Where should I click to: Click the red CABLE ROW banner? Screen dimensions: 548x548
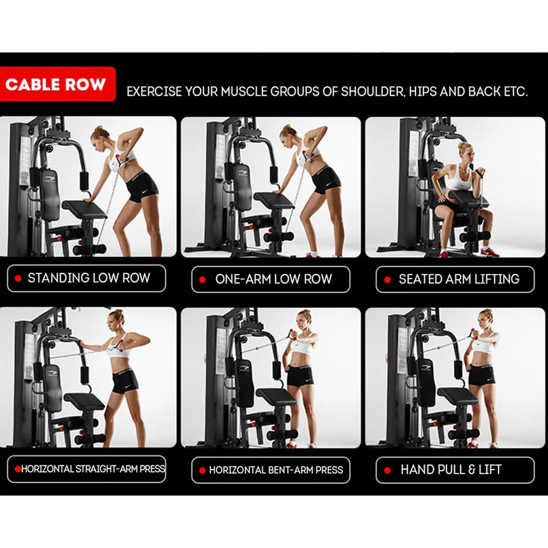pos(58,84)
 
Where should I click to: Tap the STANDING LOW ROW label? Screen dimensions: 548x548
pos(87,278)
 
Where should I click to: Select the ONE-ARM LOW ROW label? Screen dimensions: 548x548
pos(271,279)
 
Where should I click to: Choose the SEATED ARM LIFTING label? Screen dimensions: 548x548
pos(455,279)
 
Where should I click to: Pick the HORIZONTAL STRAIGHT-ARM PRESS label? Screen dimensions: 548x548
pos(87,469)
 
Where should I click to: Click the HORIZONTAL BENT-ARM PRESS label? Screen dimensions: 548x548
pos(271,470)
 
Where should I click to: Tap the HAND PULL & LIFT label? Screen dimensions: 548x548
pos(455,470)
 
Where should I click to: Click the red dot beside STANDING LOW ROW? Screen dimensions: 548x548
pos(18,279)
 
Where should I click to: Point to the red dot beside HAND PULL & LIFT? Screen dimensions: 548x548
pos(387,470)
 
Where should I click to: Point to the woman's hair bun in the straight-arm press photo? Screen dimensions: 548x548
pos(119,312)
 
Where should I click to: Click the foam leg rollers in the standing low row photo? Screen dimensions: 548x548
pos(89,250)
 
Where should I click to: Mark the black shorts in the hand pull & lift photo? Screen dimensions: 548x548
pos(482,375)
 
